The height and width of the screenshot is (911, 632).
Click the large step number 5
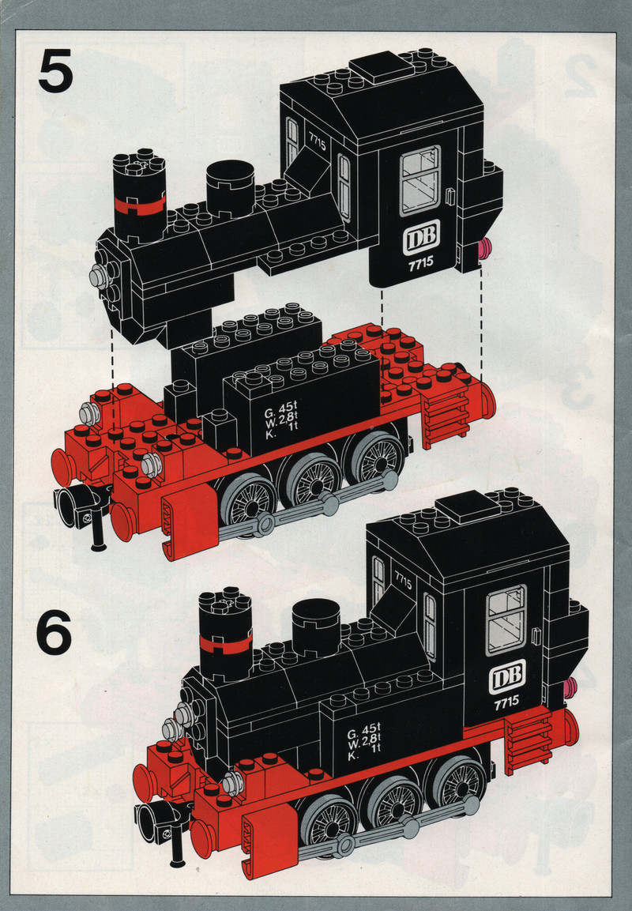[x=56, y=71]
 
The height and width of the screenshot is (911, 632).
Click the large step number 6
[x=54, y=632]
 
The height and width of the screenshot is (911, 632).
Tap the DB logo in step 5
[x=421, y=237]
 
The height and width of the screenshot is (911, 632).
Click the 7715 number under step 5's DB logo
[x=420, y=262]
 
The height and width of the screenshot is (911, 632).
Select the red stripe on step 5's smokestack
[x=139, y=205]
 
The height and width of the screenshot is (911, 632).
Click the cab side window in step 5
[x=420, y=181]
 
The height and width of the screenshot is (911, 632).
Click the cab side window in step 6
[x=506, y=620]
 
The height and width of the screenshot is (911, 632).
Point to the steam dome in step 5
[x=230, y=188]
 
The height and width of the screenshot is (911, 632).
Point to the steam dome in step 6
[x=316, y=627]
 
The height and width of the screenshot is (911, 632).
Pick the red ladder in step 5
[x=446, y=417]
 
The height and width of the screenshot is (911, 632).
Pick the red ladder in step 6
[x=528, y=743]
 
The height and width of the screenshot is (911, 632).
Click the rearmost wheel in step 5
[x=376, y=457]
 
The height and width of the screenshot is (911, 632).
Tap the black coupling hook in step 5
[x=81, y=511]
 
